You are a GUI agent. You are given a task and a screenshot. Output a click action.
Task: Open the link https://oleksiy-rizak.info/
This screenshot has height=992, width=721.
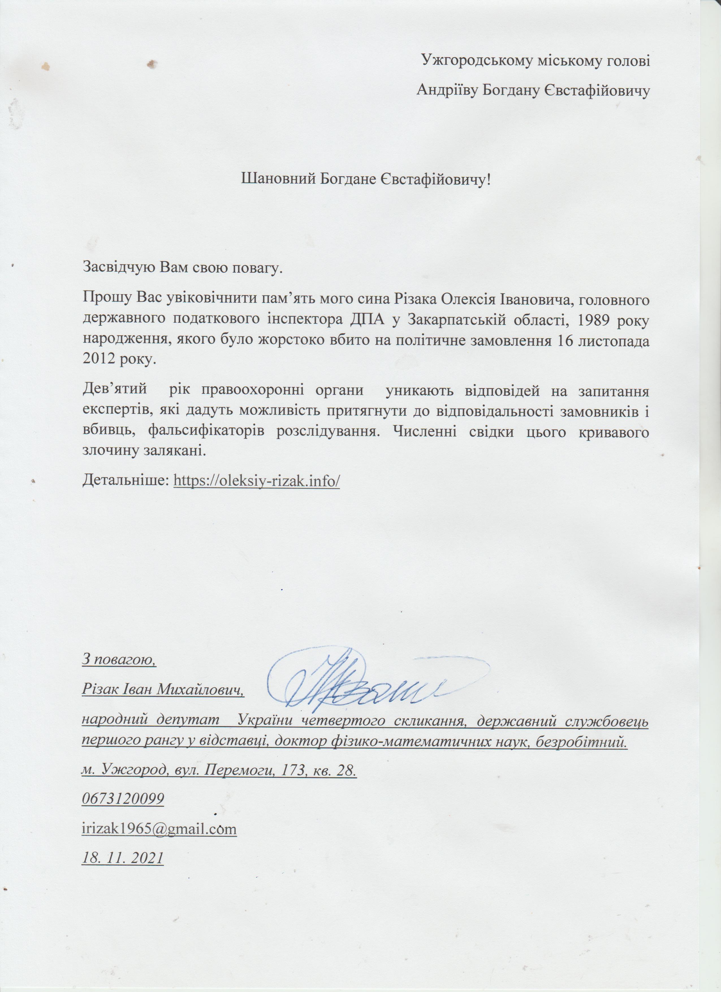(257, 481)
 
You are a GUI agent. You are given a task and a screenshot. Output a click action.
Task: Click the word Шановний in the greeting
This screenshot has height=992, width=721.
(278, 178)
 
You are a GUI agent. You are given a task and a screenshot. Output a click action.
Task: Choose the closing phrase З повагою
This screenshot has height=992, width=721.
(119, 659)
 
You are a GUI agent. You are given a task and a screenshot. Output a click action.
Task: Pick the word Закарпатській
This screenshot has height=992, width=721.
(460, 320)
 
